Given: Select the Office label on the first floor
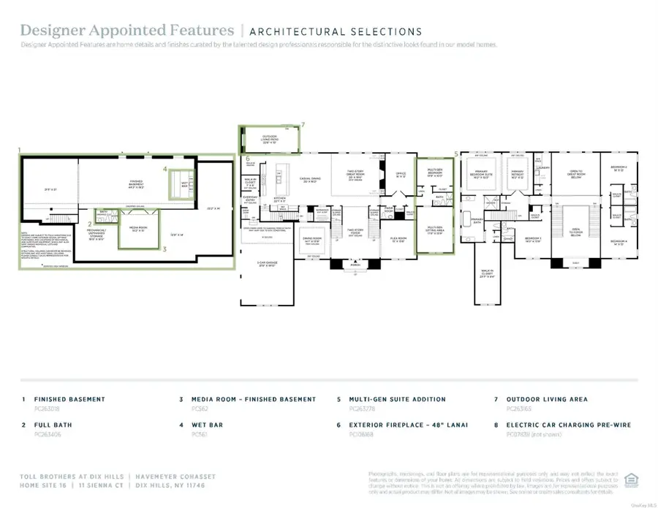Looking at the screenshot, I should coord(399,175).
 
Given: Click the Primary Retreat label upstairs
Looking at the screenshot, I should coord(516,175).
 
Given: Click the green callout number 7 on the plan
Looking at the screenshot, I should coord(303,125).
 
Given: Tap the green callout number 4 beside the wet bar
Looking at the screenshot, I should coord(165,169).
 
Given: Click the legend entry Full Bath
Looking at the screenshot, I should coord(49,424).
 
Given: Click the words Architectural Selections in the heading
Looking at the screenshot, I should coord(336,31).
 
